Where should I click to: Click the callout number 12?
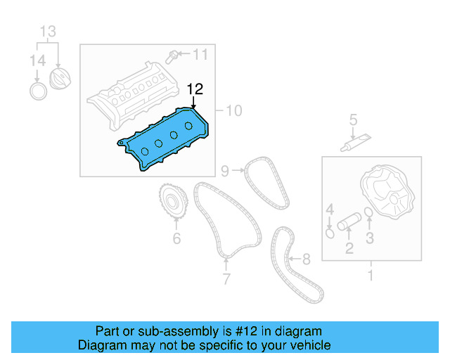(195, 89)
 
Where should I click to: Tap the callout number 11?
(200, 54)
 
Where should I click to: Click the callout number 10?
(234, 110)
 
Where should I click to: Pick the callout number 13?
(48, 32)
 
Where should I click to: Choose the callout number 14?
(37, 61)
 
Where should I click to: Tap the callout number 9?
(225, 170)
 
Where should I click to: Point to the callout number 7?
(226, 279)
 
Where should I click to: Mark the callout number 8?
(305, 259)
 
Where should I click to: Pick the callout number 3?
(369, 238)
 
